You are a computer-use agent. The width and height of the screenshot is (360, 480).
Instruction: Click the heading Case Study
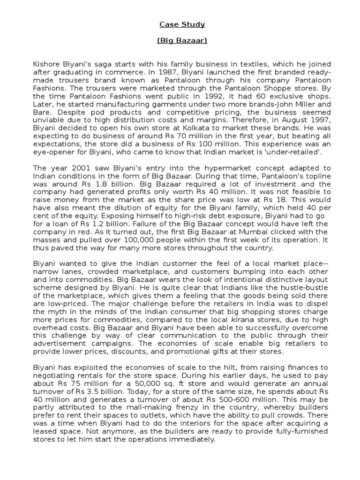coord(182,24)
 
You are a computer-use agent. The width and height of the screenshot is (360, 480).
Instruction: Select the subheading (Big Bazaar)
coord(182,41)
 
